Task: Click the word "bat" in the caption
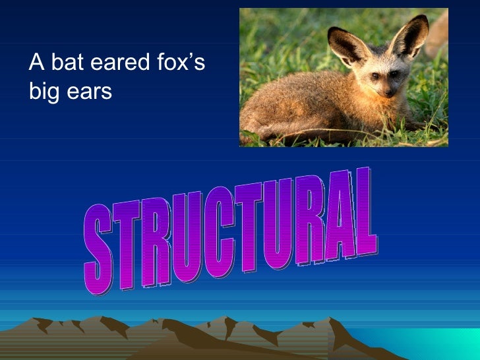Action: (65, 63)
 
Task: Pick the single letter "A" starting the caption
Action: (36, 63)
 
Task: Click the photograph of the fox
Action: (344, 77)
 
